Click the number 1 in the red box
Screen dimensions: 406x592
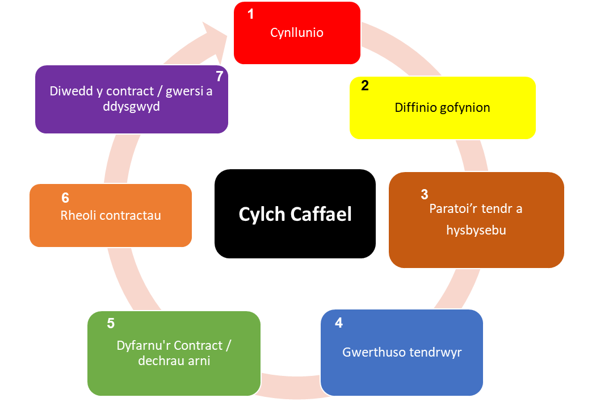[x=251, y=15]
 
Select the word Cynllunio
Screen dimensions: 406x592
[x=297, y=33]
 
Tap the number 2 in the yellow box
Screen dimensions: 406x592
[x=365, y=86]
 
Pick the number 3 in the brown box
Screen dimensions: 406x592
[x=425, y=195]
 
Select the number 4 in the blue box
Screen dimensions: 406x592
[x=339, y=323]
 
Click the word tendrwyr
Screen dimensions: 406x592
[x=434, y=352]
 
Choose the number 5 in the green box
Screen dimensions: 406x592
[x=111, y=324]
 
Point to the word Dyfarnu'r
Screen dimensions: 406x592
[x=144, y=346]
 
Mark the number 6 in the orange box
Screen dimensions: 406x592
[x=65, y=198]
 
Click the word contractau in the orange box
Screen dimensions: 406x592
[x=130, y=215]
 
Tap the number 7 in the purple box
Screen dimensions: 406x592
[x=219, y=77]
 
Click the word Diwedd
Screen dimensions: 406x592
[x=70, y=91]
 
